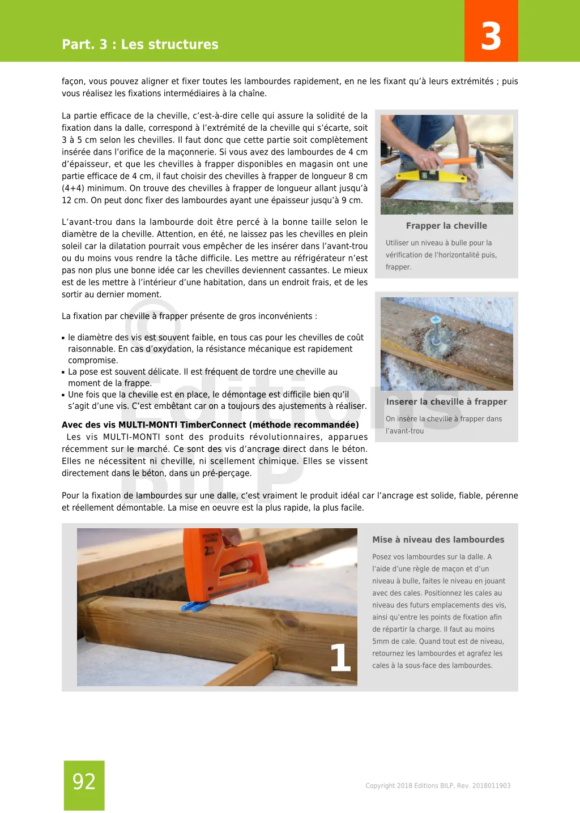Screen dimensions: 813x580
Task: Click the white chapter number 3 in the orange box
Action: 491,36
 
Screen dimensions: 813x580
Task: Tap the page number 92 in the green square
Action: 84,782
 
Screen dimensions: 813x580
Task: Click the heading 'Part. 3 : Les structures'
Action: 140,44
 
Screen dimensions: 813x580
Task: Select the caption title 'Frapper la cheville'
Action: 446,225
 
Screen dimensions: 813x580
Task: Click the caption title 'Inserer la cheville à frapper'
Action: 446,401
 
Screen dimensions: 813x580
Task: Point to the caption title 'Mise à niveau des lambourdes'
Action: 438,540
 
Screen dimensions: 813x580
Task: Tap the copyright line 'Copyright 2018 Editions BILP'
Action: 438,785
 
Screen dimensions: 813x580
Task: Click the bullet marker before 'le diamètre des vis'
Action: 63,338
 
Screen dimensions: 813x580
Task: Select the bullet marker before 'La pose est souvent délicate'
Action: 63,373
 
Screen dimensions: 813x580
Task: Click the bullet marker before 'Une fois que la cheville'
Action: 63,395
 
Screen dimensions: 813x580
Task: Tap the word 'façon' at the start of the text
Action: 72,82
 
